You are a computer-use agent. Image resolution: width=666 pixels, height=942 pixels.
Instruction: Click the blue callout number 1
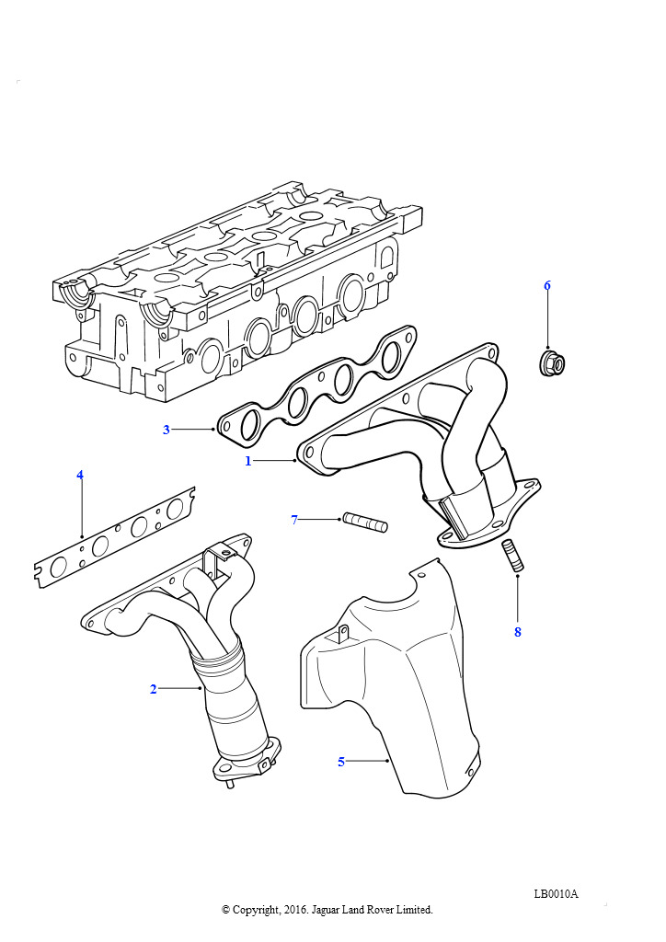point(247,462)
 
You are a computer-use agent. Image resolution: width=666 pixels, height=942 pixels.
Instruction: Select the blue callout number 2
point(153,689)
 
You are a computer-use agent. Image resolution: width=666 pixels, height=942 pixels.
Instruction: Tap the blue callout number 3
point(166,430)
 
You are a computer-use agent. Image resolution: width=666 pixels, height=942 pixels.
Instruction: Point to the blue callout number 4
point(80,476)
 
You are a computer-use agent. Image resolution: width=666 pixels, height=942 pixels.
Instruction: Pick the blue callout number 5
point(341,762)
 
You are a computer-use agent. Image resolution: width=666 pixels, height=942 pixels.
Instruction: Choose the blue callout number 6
point(547,285)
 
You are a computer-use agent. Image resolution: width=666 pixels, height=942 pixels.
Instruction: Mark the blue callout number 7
point(294,520)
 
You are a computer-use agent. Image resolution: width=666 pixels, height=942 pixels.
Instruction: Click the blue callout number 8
point(518,632)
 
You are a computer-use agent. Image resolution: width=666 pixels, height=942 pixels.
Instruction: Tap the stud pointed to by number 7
point(365,523)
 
